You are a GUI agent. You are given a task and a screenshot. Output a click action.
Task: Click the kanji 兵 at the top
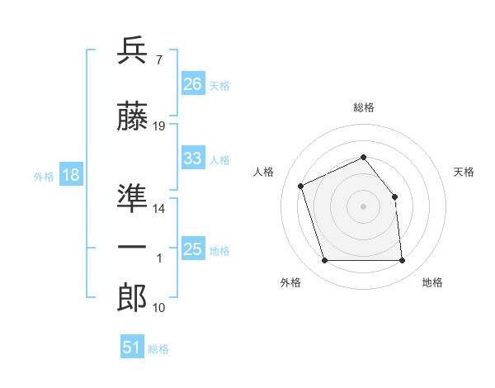pos(132,50)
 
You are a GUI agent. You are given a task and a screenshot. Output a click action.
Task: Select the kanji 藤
pos(132,116)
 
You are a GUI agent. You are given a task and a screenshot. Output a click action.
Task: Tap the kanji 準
pos(132,198)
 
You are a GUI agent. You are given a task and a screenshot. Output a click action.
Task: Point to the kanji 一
pos(132,247)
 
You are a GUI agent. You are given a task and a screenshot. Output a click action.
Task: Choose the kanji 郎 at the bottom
pos(132,297)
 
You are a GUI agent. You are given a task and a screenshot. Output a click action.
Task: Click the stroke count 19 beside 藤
pos(158,126)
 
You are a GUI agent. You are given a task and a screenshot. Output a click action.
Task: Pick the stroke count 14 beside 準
pos(158,209)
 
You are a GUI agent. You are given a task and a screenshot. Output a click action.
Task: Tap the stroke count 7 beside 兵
pos(159,60)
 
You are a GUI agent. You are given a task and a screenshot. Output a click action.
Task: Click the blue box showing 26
pos(193,83)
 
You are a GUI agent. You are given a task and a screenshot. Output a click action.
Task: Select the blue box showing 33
pos(193,157)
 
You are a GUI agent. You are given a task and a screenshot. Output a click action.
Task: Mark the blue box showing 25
pos(193,248)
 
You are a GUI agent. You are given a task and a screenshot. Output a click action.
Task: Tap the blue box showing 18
pos(71,174)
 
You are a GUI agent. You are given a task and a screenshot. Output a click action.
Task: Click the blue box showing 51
pos(132,346)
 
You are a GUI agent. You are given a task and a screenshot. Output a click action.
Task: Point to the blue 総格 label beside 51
pos(158,349)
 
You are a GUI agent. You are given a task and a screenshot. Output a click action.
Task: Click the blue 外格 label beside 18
pos(44,177)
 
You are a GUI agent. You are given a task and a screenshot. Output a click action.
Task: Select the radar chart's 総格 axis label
pos(364,107)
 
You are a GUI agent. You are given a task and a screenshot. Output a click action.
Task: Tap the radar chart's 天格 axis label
pos(464,172)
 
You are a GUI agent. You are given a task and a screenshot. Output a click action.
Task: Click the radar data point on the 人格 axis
pos(301,186)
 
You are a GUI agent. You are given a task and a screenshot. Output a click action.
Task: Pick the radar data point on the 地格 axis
pos(402,260)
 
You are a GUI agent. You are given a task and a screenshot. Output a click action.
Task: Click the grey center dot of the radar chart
pos(363,206)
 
